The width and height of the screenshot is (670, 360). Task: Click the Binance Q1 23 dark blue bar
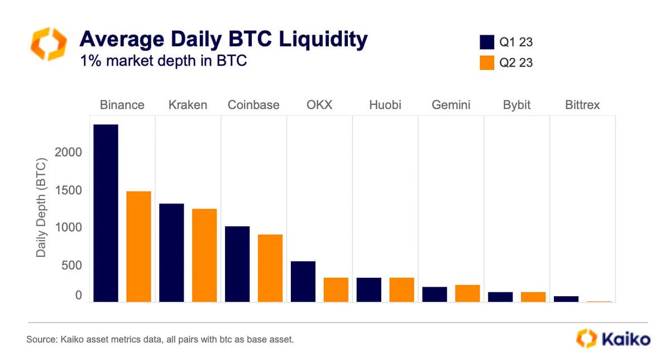[x=106, y=213]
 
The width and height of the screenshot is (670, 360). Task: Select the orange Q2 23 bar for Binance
[x=138, y=247]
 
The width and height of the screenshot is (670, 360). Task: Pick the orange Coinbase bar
[x=270, y=268]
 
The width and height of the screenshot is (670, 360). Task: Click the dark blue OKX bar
[x=303, y=281]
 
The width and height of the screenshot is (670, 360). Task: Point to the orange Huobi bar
[x=401, y=290]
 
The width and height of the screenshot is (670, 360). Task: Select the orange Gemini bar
[x=467, y=293]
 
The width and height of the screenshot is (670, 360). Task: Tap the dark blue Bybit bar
[x=500, y=297]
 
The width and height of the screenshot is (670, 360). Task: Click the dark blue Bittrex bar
[x=566, y=299]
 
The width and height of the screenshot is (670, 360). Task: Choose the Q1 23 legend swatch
[x=487, y=42]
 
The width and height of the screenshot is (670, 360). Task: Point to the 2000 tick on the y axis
[x=69, y=153]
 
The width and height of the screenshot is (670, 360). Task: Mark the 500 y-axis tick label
[x=72, y=266]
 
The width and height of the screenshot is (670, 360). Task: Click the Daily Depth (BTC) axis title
[x=41, y=209]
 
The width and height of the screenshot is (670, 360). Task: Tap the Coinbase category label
[x=253, y=105]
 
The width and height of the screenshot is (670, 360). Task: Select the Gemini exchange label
[x=451, y=105]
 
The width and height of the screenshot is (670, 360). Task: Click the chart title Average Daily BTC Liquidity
[x=223, y=40]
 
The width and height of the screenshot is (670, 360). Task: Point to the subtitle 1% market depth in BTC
[x=163, y=61]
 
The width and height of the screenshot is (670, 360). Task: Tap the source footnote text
[x=160, y=339]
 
